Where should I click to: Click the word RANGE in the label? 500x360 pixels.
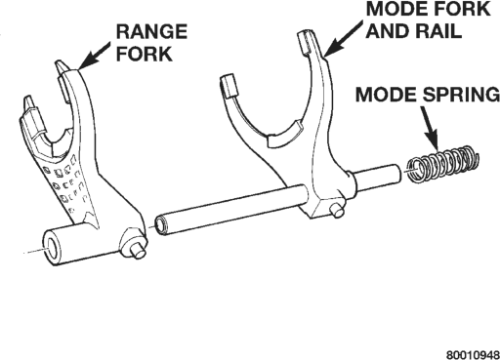151,31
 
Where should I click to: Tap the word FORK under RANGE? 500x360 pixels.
145,54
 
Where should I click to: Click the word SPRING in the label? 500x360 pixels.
461,95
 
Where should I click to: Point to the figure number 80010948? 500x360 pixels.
473,355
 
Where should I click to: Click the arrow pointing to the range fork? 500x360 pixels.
94,56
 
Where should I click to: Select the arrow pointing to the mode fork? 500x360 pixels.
343,38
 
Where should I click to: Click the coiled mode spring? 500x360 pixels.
443,164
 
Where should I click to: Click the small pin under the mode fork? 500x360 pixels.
337,210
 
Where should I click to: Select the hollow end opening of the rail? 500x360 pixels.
160,224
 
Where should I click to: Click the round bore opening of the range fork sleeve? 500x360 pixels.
53,248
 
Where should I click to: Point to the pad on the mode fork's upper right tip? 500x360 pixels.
306,41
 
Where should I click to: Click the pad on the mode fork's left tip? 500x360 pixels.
229,85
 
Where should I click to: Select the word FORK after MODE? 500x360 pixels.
461,9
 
